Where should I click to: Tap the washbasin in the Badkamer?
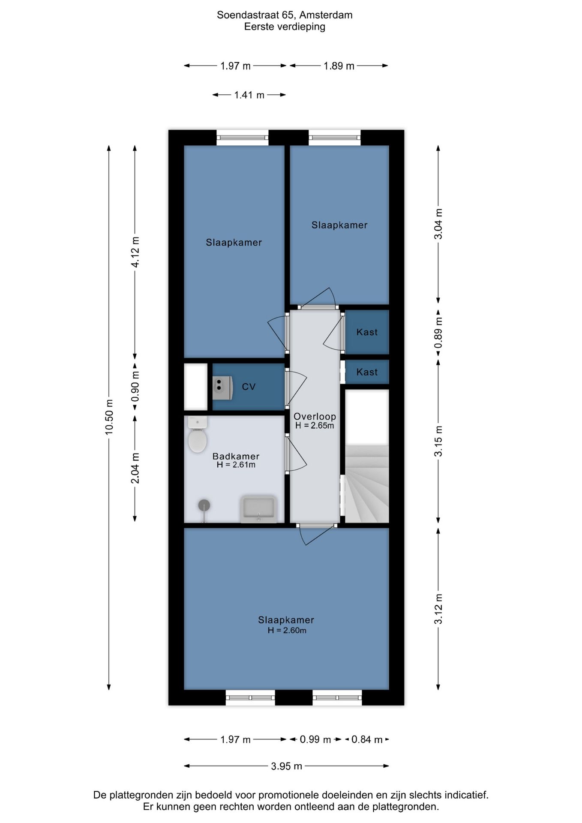coord(259,509)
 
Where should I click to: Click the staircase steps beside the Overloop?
coord(367,484)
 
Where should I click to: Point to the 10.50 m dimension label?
coord(109,417)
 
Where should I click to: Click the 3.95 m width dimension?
coord(286,766)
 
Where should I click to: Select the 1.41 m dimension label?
coord(249,95)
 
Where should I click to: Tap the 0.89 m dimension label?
coord(438,333)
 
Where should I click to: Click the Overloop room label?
coord(315,416)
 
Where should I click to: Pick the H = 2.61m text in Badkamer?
coord(236,465)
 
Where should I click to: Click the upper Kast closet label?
coord(367,332)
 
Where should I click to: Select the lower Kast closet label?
coord(367,372)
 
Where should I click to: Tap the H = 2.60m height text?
coord(287,630)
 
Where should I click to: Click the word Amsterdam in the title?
coord(326,15)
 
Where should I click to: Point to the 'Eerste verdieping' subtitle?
coord(285,27)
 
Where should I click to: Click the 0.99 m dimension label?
coord(315,739)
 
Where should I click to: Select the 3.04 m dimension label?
coord(438,224)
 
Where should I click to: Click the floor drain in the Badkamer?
coord(204,506)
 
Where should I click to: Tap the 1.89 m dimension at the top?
coord(339,66)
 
